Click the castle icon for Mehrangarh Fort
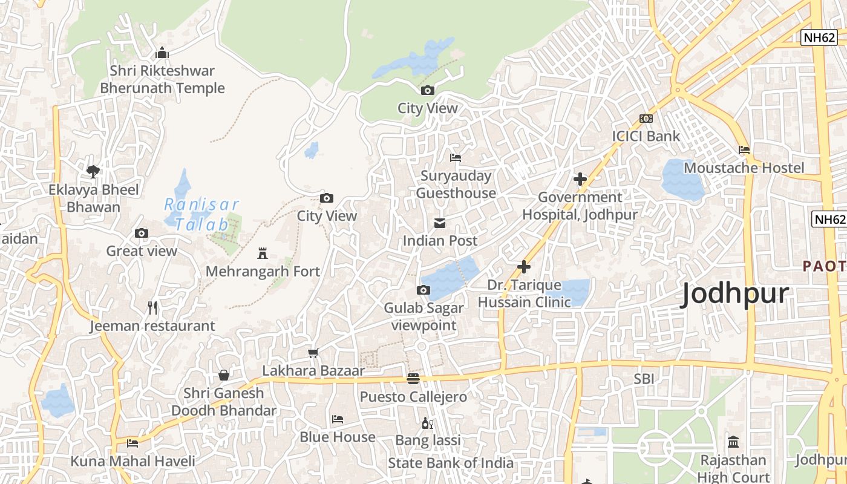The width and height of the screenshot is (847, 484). click(263, 253)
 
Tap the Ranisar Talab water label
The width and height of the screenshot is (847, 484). click(201, 214)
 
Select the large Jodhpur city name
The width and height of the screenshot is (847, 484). click(735, 295)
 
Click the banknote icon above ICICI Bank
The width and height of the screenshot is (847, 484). click(646, 119)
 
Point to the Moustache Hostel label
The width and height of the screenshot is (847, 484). click(744, 168)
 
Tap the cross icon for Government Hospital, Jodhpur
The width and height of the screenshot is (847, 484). click(580, 179)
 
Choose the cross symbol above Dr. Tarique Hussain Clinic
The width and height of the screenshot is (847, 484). click(524, 266)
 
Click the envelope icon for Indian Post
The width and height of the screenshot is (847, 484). click(440, 223)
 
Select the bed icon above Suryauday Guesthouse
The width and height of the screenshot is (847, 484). click(456, 158)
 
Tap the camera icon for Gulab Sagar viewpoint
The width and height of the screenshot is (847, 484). click(423, 290)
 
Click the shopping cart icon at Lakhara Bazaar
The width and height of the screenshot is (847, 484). click(313, 353)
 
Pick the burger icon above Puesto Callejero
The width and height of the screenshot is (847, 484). click(413, 379)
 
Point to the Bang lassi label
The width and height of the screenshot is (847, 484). click(428, 440)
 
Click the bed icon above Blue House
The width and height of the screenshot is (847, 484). click(338, 419)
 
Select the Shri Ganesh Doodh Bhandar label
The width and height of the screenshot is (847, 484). click(224, 402)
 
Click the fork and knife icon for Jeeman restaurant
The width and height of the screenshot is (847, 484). click(152, 308)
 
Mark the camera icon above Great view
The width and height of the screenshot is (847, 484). click(142, 234)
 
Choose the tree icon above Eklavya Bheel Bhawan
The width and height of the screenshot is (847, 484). click(93, 172)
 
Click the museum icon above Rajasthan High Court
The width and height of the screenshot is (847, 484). click(733, 442)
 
